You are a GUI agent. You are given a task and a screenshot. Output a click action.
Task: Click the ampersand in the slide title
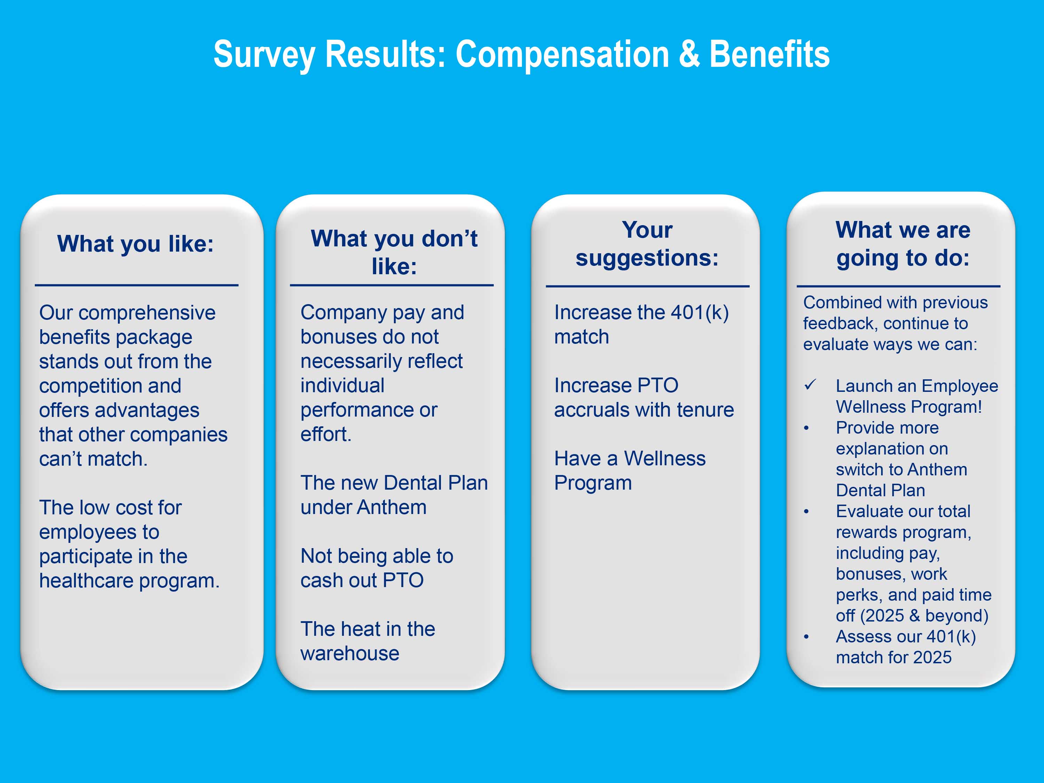point(689,54)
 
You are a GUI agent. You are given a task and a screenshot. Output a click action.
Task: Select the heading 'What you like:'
point(135,244)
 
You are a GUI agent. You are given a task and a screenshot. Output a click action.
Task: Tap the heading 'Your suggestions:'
point(647,244)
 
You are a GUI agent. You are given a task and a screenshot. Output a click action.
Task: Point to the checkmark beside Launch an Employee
point(810,385)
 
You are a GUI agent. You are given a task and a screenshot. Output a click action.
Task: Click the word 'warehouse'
point(350,654)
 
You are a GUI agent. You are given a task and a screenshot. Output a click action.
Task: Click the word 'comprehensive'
point(147,313)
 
